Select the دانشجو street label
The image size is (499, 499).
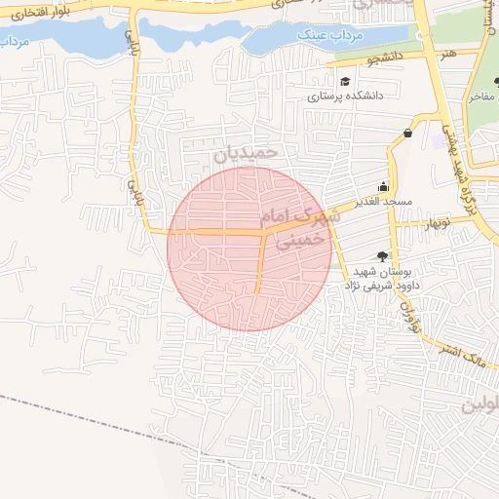pyautogui.click(x=384, y=58)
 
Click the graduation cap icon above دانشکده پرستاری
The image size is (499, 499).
pyautogui.click(x=345, y=82)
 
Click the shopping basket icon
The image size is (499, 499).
pyautogui.click(x=406, y=134)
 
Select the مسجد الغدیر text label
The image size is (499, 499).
pyautogui.click(x=384, y=201)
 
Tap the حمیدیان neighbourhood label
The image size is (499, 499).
pyautogui.click(x=247, y=153)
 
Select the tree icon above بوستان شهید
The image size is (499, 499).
pyautogui.click(x=381, y=255)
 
